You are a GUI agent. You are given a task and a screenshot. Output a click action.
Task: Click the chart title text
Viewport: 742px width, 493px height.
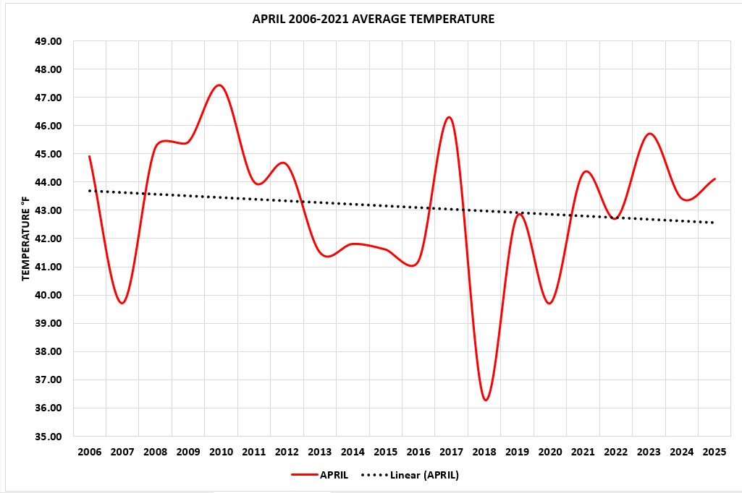coord(373,20)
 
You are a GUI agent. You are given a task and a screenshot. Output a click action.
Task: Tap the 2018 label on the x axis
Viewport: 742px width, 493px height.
coord(484,453)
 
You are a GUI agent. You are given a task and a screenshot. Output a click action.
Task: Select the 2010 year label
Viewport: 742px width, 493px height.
coord(221,453)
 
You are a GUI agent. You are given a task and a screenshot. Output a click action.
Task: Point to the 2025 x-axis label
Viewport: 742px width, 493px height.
coord(715,453)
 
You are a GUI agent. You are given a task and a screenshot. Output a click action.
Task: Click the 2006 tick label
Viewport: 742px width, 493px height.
coord(89,453)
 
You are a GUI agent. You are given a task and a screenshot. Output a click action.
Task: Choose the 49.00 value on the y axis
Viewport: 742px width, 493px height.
coord(49,41)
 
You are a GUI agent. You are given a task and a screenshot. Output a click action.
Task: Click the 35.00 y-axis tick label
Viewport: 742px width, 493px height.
coord(49,437)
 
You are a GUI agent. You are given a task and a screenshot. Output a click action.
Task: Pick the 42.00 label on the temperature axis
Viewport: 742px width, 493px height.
coord(49,239)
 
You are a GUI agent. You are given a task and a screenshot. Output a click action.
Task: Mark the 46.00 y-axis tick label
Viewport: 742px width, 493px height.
coord(49,126)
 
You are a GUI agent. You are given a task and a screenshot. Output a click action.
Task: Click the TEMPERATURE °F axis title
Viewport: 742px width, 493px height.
coord(25,239)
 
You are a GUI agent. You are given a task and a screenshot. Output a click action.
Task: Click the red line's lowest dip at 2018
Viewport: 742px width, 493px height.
coord(485,400)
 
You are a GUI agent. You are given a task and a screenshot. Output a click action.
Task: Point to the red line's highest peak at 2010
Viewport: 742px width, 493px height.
coord(219,85)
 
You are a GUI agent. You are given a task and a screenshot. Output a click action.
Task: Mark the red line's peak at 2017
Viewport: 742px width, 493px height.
coord(450,117)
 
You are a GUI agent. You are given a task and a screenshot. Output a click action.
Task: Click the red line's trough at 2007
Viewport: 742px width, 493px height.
coord(122,303)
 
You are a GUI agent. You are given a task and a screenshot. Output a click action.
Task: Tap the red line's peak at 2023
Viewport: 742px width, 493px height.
coord(649,134)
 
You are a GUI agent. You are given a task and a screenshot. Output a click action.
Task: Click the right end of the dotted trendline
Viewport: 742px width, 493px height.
coord(714,223)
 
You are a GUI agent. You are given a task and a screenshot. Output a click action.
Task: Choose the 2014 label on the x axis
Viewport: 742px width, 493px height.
coord(353,453)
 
